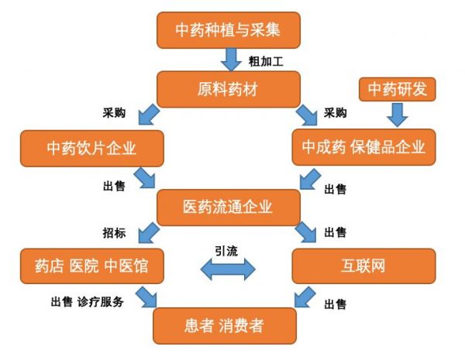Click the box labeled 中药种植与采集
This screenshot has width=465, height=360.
[228, 30]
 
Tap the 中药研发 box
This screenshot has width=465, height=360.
[398, 88]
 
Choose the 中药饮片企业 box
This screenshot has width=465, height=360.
[93, 146]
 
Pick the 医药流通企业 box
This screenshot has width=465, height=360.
[228, 207]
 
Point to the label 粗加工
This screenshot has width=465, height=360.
[263, 60]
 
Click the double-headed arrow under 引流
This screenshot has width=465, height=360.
[228, 269]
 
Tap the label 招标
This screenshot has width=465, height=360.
[114, 231]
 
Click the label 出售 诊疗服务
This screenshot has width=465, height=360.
[88, 301]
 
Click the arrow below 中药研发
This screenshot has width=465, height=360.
[398, 116]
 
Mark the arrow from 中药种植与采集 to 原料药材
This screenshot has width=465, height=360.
[232, 59]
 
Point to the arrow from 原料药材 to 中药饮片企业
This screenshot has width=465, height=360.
[146, 117]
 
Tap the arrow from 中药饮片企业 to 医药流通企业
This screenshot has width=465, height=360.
[145, 177]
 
